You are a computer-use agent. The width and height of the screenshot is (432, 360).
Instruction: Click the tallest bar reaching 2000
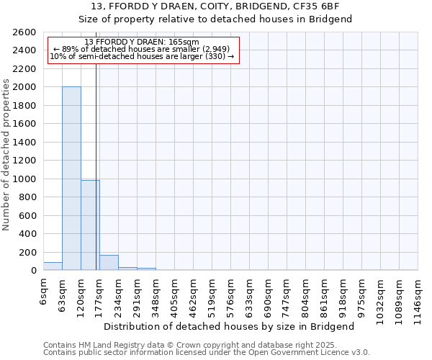[71, 178]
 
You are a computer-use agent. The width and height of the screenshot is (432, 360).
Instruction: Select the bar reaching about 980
[90, 225]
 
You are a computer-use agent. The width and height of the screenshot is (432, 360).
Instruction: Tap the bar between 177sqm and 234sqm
[109, 263]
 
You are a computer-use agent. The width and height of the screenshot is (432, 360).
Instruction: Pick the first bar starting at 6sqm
[53, 266]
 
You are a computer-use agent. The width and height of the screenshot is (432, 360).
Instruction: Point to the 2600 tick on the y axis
[25, 32]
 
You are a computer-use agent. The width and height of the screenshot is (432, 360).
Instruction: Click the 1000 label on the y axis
[25, 179]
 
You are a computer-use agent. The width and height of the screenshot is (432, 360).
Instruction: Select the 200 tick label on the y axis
[28, 253]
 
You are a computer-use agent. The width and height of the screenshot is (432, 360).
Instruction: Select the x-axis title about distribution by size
[234, 327]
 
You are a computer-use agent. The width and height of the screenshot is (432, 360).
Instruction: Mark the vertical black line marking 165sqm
[96, 166]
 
